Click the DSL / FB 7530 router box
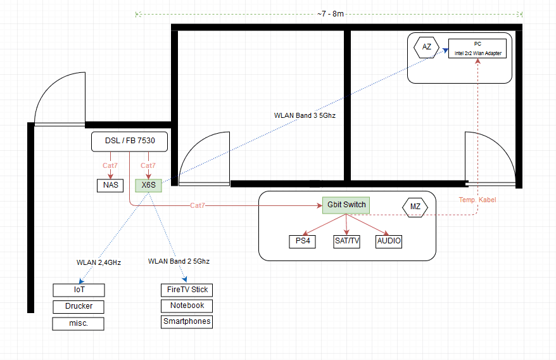[129, 141]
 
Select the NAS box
[110, 185]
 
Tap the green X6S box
[149, 185]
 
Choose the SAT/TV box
[346, 241]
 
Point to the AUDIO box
[389, 241]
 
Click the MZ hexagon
[415, 207]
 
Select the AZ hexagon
[427, 47]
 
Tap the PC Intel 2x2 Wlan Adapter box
[477, 48]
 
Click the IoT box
[79, 290]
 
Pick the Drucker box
[79, 306]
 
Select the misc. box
[79, 323]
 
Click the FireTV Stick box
[186, 290]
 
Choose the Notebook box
[187, 305]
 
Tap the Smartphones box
[187, 321]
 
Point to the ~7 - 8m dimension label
[331, 14]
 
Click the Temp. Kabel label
[477, 200]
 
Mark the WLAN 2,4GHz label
[98, 262]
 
